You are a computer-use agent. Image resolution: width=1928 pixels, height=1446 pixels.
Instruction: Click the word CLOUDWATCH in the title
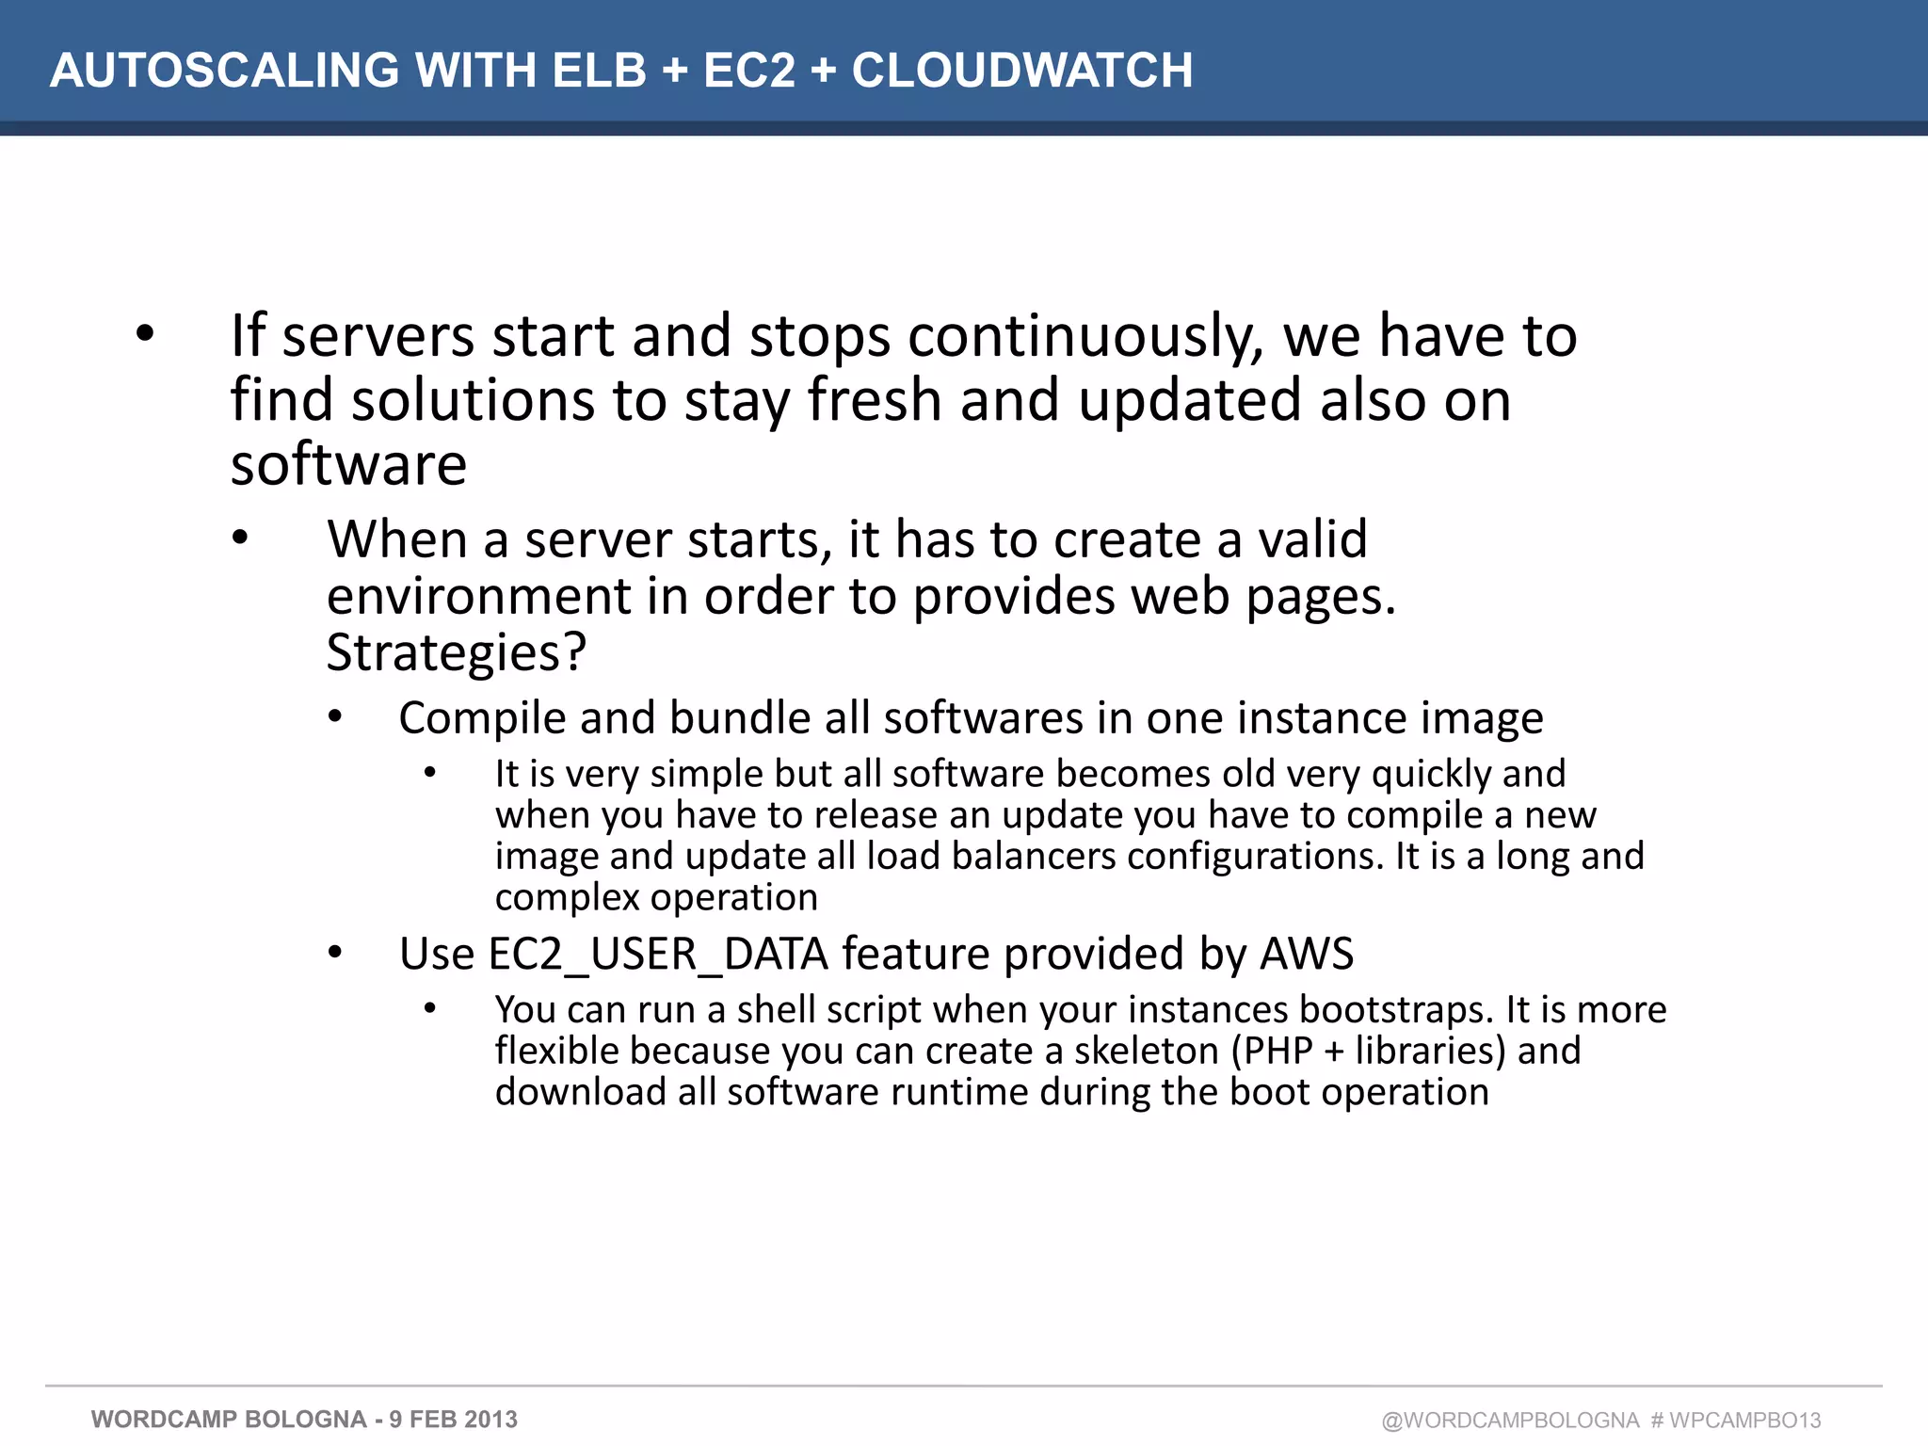pos(1022,71)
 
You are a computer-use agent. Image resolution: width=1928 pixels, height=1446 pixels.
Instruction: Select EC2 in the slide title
pos(749,71)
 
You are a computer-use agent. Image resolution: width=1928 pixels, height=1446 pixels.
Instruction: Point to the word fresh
pos(875,400)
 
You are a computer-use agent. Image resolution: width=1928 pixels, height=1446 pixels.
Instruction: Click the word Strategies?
pos(457,652)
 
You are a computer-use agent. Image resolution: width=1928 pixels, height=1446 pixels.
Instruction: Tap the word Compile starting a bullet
pos(480,719)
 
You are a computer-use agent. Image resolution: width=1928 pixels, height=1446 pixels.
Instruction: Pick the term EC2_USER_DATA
pos(614,954)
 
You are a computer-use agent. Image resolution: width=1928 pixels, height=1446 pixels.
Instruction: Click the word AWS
pos(1307,954)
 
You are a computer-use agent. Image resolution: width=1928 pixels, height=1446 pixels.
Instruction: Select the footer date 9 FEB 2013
pos(454,1420)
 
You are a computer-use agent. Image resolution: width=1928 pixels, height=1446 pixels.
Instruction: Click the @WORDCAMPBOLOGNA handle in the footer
pos(1510,1421)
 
